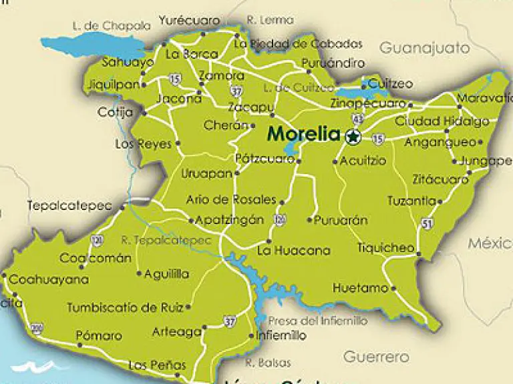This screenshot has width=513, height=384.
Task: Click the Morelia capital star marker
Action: point(353,137)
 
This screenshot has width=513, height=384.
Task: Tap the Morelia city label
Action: point(303,134)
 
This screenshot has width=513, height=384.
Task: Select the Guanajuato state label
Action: point(425,48)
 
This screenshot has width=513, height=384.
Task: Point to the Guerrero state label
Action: point(376,357)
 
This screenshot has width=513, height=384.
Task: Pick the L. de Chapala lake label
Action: point(111,26)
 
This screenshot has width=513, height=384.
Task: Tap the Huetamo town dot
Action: point(393,289)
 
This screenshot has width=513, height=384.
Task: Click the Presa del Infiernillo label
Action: point(317,321)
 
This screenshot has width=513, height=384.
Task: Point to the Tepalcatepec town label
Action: point(69,206)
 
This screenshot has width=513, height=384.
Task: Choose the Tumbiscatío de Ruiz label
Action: point(125,307)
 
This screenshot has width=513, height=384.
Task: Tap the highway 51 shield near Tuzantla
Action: point(427,223)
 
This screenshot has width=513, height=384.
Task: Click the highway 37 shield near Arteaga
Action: point(230,321)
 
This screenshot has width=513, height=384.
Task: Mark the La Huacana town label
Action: point(293,251)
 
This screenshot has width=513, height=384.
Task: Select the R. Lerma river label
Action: point(270,21)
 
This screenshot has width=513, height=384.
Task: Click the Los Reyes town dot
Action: point(178,143)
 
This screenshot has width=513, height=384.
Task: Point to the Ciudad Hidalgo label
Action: point(442,121)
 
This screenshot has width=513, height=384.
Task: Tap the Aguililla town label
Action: point(167,274)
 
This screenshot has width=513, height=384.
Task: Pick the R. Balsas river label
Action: point(268,363)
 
